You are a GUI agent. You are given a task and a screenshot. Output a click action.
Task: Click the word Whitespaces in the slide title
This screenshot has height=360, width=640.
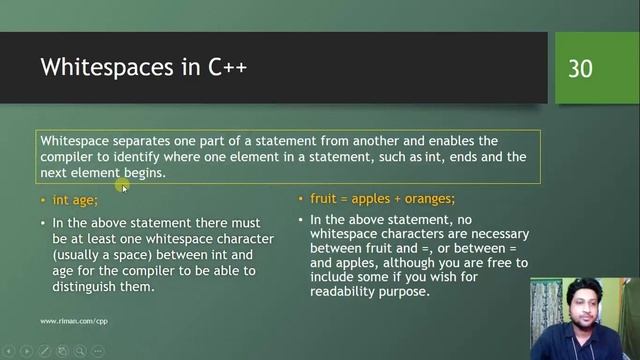[x=104, y=68]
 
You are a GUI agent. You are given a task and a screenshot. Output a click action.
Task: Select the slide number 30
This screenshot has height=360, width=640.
[x=580, y=68]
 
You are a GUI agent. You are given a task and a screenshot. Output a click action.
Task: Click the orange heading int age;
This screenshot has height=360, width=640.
[x=75, y=200]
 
